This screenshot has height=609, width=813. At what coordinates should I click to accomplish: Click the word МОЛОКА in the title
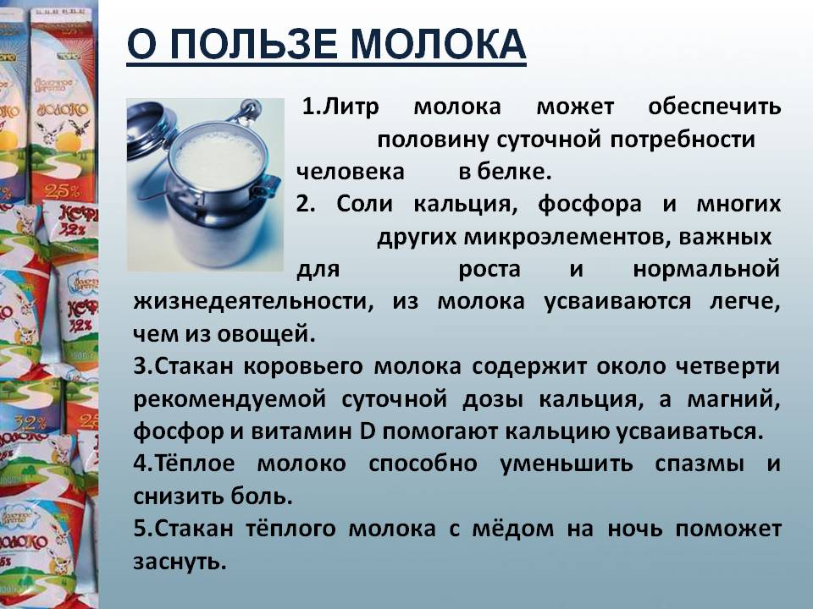pos(438,45)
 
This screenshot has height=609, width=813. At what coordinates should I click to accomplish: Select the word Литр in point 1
pos(351,107)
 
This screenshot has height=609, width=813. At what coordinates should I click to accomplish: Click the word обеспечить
pos(715,107)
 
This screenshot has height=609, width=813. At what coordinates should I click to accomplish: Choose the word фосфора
pos(589,204)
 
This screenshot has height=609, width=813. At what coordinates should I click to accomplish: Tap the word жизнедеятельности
pos(253,301)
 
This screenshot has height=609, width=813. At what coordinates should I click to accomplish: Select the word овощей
pos(266,334)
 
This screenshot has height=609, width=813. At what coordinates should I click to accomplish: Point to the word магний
pos(733,399)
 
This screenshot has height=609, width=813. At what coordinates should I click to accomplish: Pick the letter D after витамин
pos(367,431)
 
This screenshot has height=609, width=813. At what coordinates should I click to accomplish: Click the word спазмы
pos(699,464)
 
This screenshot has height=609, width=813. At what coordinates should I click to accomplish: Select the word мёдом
pos(513,529)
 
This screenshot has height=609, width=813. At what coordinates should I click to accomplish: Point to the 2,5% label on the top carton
pos(61,191)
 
